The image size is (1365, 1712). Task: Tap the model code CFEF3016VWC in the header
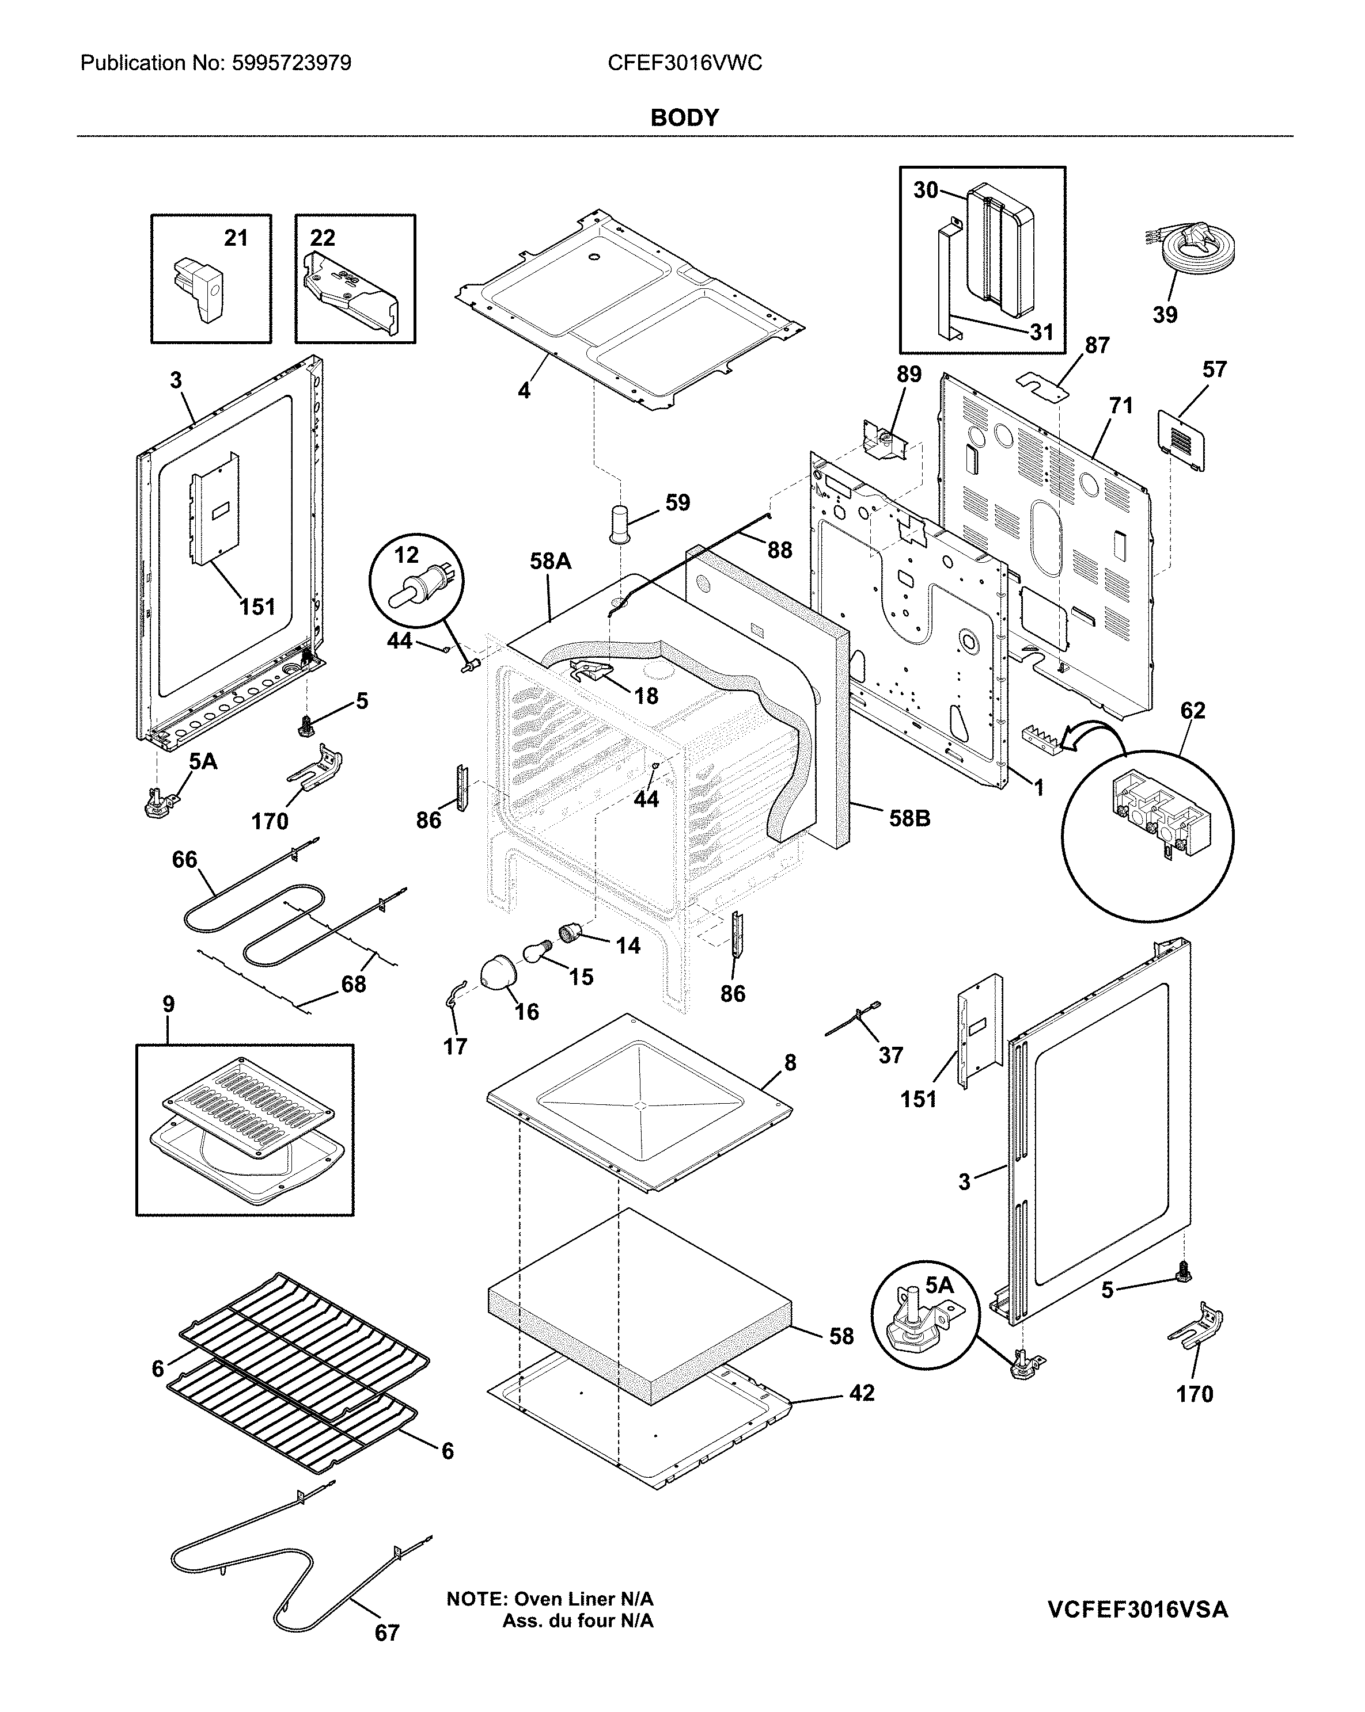tap(684, 63)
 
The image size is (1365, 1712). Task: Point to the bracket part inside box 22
tap(350, 290)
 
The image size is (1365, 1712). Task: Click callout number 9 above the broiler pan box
tap(168, 1005)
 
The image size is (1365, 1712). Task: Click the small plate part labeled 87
tap(1043, 386)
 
